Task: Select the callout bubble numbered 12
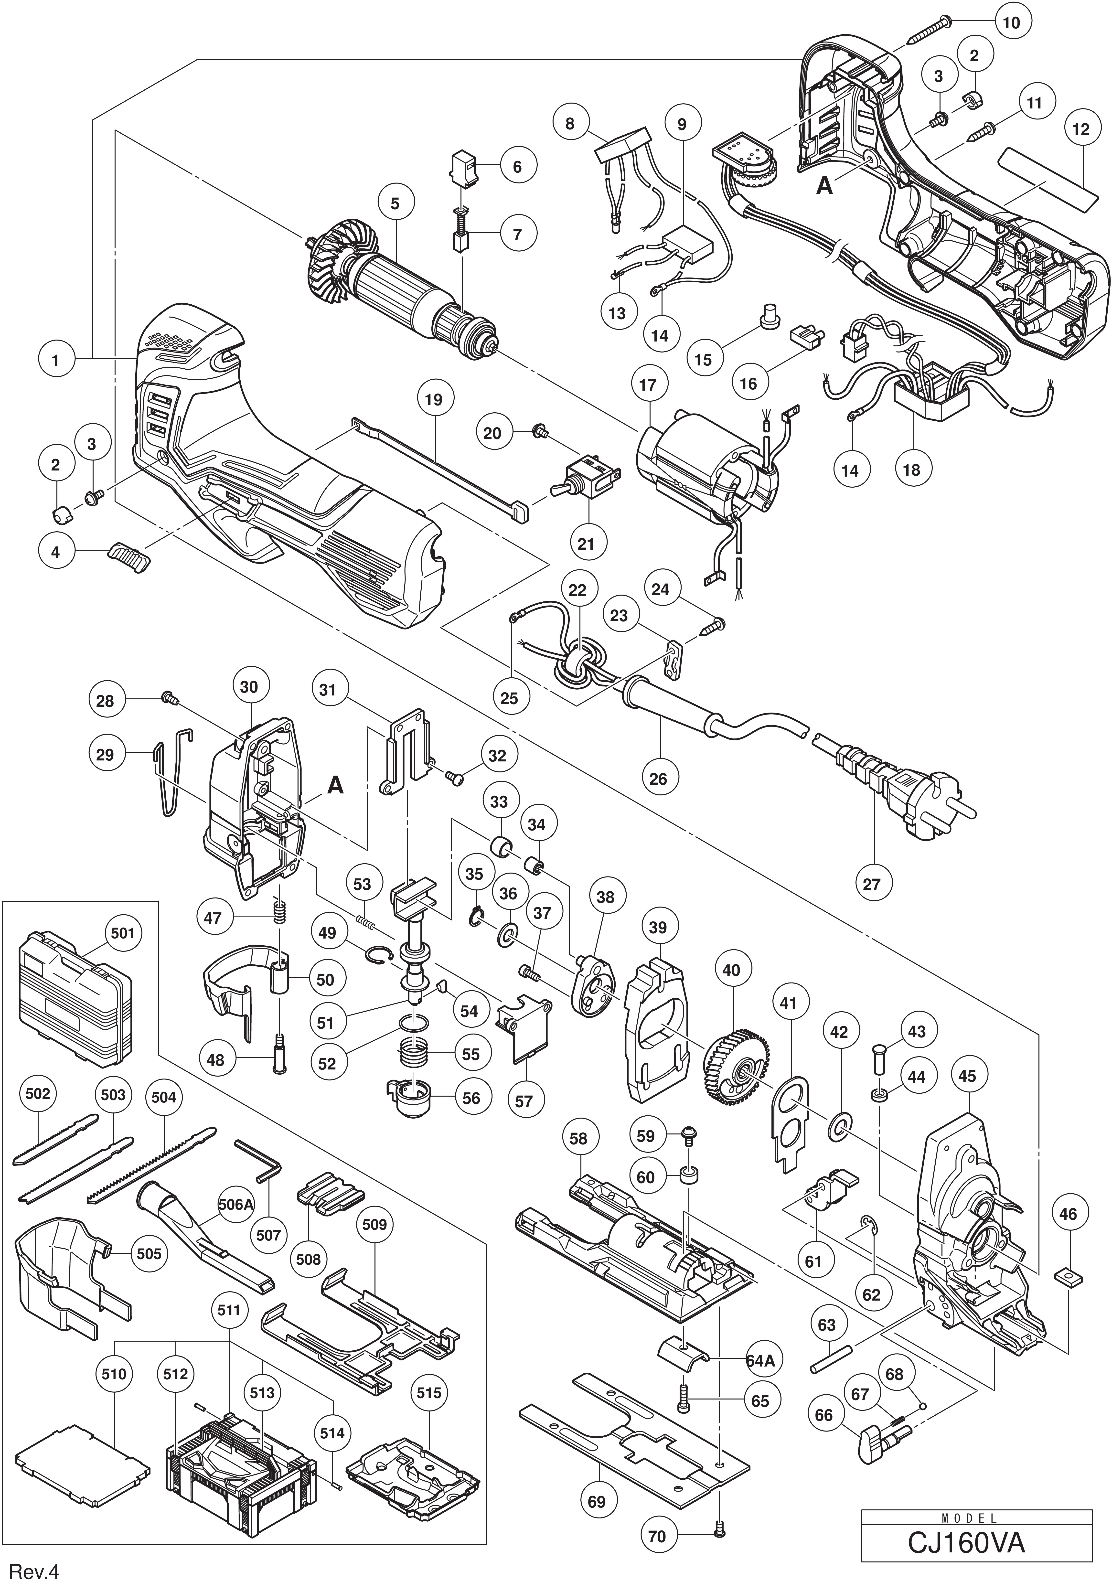(1081, 129)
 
